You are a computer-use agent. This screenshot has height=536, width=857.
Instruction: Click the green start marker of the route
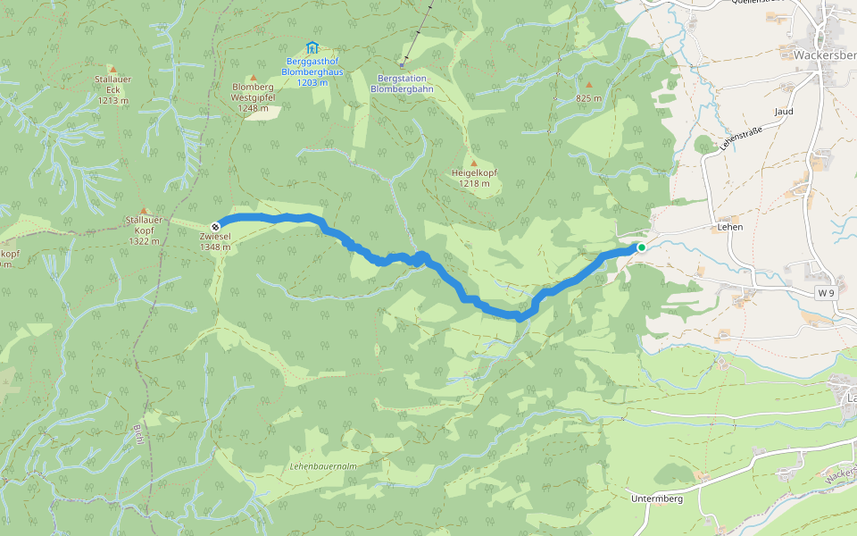pyautogui.click(x=641, y=247)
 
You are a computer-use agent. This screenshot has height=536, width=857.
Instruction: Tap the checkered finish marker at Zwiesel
pyautogui.click(x=215, y=226)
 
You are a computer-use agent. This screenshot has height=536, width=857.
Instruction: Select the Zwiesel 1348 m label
pyautogui.click(x=215, y=242)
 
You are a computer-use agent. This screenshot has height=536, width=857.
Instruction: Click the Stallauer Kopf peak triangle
pyautogui.click(x=144, y=212)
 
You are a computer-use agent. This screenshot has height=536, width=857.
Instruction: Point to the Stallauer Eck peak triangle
pyautogui.click(x=112, y=69)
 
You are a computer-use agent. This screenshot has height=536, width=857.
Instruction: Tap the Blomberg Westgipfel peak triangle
pyautogui.click(x=253, y=78)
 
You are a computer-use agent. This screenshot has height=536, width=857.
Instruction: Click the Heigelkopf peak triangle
pyautogui.click(x=473, y=163)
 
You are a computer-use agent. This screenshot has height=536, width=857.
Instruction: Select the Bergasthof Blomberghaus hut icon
pyautogui.click(x=312, y=47)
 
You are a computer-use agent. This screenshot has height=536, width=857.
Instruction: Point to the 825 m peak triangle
pyautogui.click(x=588, y=86)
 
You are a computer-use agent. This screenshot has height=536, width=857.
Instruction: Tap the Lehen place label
pyautogui.click(x=729, y=227)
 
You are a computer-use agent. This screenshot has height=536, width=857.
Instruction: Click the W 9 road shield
pyautogui.click(x=827, y=292)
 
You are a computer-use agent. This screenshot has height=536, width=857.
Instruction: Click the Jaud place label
pyautogui.click(x=785, y=112)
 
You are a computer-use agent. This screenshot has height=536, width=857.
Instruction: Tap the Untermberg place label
pyautogui.click(x=656, y=498)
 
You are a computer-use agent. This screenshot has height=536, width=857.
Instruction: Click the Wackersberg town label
pyautogui.click(x=826, y=54)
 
